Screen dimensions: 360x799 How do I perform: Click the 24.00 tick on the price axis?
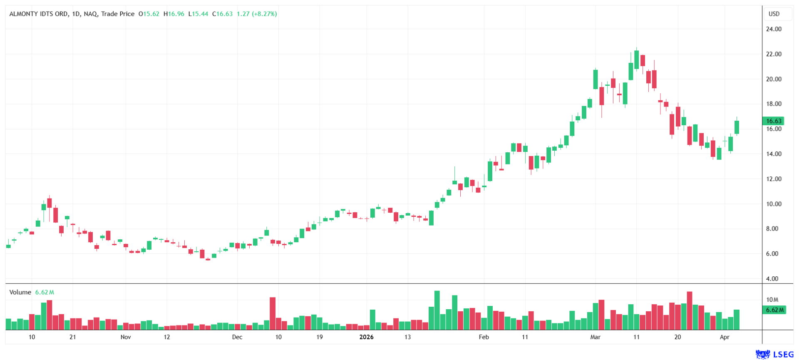pos(774,29)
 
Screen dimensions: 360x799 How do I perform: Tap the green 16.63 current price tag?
pos(774,121)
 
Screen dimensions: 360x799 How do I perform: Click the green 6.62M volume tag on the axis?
pos(774,310)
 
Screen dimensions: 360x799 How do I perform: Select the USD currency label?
pos(774,14)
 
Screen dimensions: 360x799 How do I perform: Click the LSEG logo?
pos(774,354)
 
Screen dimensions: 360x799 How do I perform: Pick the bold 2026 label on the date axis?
pos(366,337)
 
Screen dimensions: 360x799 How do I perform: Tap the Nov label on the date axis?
pos(126,337)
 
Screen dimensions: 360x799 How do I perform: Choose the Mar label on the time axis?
pos(595,337)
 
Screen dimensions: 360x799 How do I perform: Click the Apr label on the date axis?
pos(725,337)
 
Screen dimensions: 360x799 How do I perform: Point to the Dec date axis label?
pos(237,337)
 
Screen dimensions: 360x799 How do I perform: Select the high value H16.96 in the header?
pos(174,14)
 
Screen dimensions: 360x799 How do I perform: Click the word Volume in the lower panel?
pos(20,292)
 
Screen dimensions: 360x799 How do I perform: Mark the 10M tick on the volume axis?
pos(772,300)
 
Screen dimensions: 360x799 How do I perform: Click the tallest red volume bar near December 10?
pos(273,313)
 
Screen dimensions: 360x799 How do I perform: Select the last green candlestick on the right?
pos(737,127)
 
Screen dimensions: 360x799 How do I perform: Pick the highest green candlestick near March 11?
pos(636,60)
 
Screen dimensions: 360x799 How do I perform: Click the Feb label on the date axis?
pos(484,337)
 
